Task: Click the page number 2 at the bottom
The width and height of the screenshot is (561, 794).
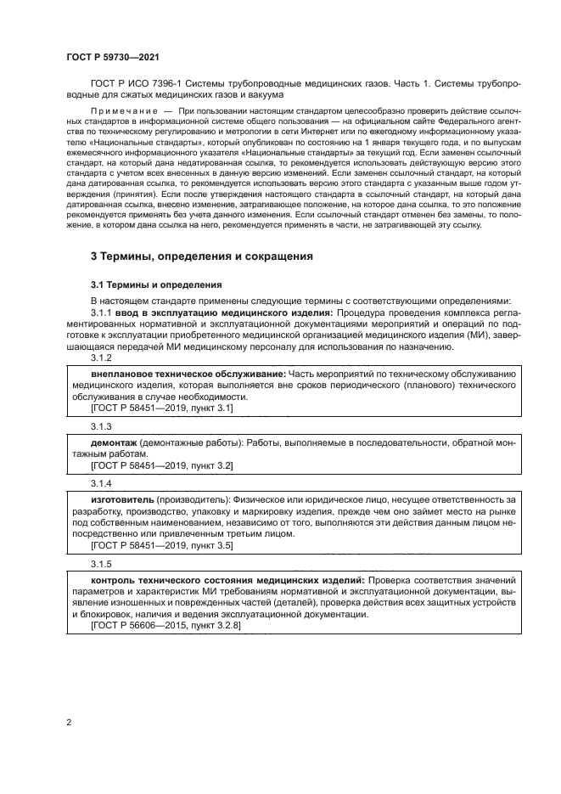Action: coord(69,723)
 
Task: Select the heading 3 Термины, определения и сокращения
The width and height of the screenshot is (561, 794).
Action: coord(202,256)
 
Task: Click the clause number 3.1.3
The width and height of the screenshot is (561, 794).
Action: coord(101,425)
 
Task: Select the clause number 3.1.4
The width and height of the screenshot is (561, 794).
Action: coord(101,481)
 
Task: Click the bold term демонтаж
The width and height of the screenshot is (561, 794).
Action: coord(115,443)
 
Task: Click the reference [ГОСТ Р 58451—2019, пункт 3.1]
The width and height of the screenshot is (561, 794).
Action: coord(161,408)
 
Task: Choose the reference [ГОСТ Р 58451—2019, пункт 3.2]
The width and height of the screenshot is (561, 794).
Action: coord(161,465)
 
